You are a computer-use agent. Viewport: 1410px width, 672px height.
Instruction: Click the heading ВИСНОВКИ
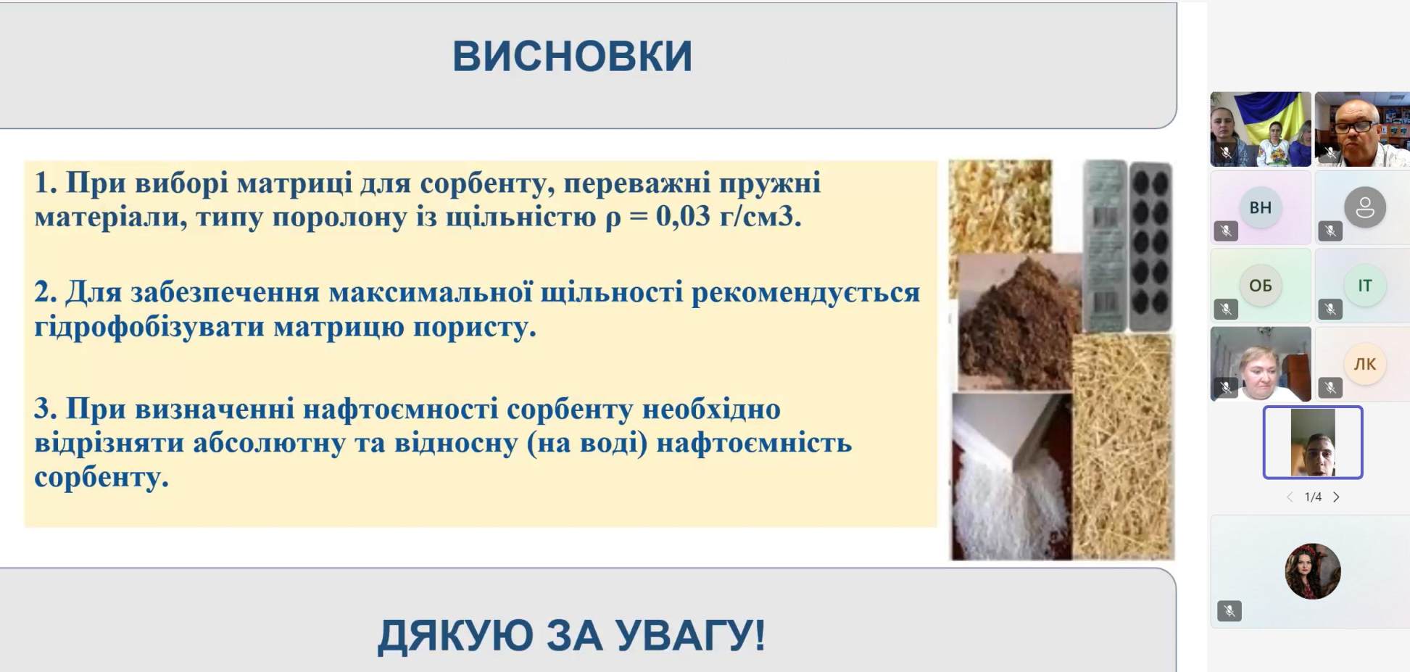tap(572, 56)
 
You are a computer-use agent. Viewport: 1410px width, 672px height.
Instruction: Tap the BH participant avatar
tap(1260, 207)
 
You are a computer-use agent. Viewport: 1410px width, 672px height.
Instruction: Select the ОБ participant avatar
tap(1260, 286)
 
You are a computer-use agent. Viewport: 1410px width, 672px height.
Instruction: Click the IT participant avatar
tap(1364, 286)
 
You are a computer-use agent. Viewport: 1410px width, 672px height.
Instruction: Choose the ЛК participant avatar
tap(1364, 364)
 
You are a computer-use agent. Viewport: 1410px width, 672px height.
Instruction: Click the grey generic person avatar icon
tap(1364, 207)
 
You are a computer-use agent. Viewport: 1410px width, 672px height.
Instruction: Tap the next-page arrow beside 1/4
tap(1336, 497)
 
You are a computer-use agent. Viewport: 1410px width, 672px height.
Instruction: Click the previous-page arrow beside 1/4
tap(1290, 497)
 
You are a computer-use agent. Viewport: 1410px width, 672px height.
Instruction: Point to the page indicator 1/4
tap(1313, 497)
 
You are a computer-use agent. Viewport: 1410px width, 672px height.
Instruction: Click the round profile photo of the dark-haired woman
tap(1313, 571)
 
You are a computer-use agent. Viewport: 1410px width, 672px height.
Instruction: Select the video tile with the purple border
tap(1313, 442)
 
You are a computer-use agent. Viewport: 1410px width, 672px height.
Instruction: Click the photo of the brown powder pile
tap(1015, 323)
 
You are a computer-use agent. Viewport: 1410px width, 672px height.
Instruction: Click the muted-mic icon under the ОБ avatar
tap(1226, 310)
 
